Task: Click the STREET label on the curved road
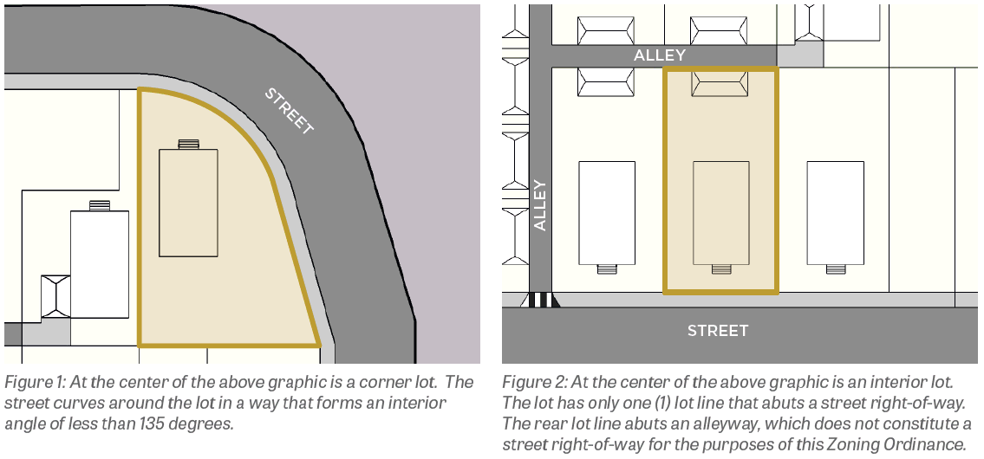[x=289, y=111]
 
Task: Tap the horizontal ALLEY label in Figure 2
[x=660, y=55]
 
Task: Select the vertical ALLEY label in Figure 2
[x=540, y=205]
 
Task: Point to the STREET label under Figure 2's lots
[x=718, y=331]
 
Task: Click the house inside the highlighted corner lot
[x=188, y=203]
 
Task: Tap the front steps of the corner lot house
[x=188, y=145]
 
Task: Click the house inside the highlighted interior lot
[x=721, y=212]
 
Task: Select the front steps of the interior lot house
[x=721, y=269]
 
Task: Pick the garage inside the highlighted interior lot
[x=720, y=83]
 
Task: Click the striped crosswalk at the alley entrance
[x=540, y=300]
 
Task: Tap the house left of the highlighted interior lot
[x=607, y=212]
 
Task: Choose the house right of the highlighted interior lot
[x=835, y=212]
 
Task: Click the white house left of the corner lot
[x=99, y=264]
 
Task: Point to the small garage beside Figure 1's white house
[x=55, y=296]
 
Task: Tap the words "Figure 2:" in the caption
[x=534, y=382]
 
